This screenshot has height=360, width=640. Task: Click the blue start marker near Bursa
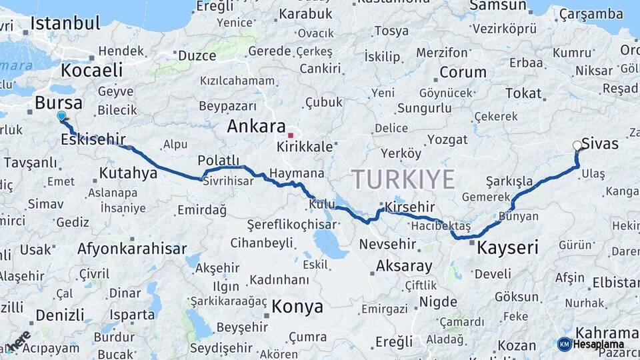click(62, 116)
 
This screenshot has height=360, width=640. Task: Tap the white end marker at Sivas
click(577, 145)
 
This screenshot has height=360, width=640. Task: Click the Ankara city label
click(256, 127)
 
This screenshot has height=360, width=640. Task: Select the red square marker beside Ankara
click(291, 135)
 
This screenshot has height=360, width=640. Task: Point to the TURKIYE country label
click(403, 179)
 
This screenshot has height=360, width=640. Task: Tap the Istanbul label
click(65, 23)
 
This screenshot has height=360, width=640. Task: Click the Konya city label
click(297, 307)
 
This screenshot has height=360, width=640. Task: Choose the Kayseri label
click(508, 248)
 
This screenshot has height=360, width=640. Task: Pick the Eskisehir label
click(93, 139)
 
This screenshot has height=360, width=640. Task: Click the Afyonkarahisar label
click(132, 249)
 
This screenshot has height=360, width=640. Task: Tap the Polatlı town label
click(218, 161)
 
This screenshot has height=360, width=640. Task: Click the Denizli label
click(60, 315)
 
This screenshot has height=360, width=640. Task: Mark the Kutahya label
click(128, 174)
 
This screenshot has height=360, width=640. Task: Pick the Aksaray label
click(404, 266)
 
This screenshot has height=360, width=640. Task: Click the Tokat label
click(523, 93)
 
